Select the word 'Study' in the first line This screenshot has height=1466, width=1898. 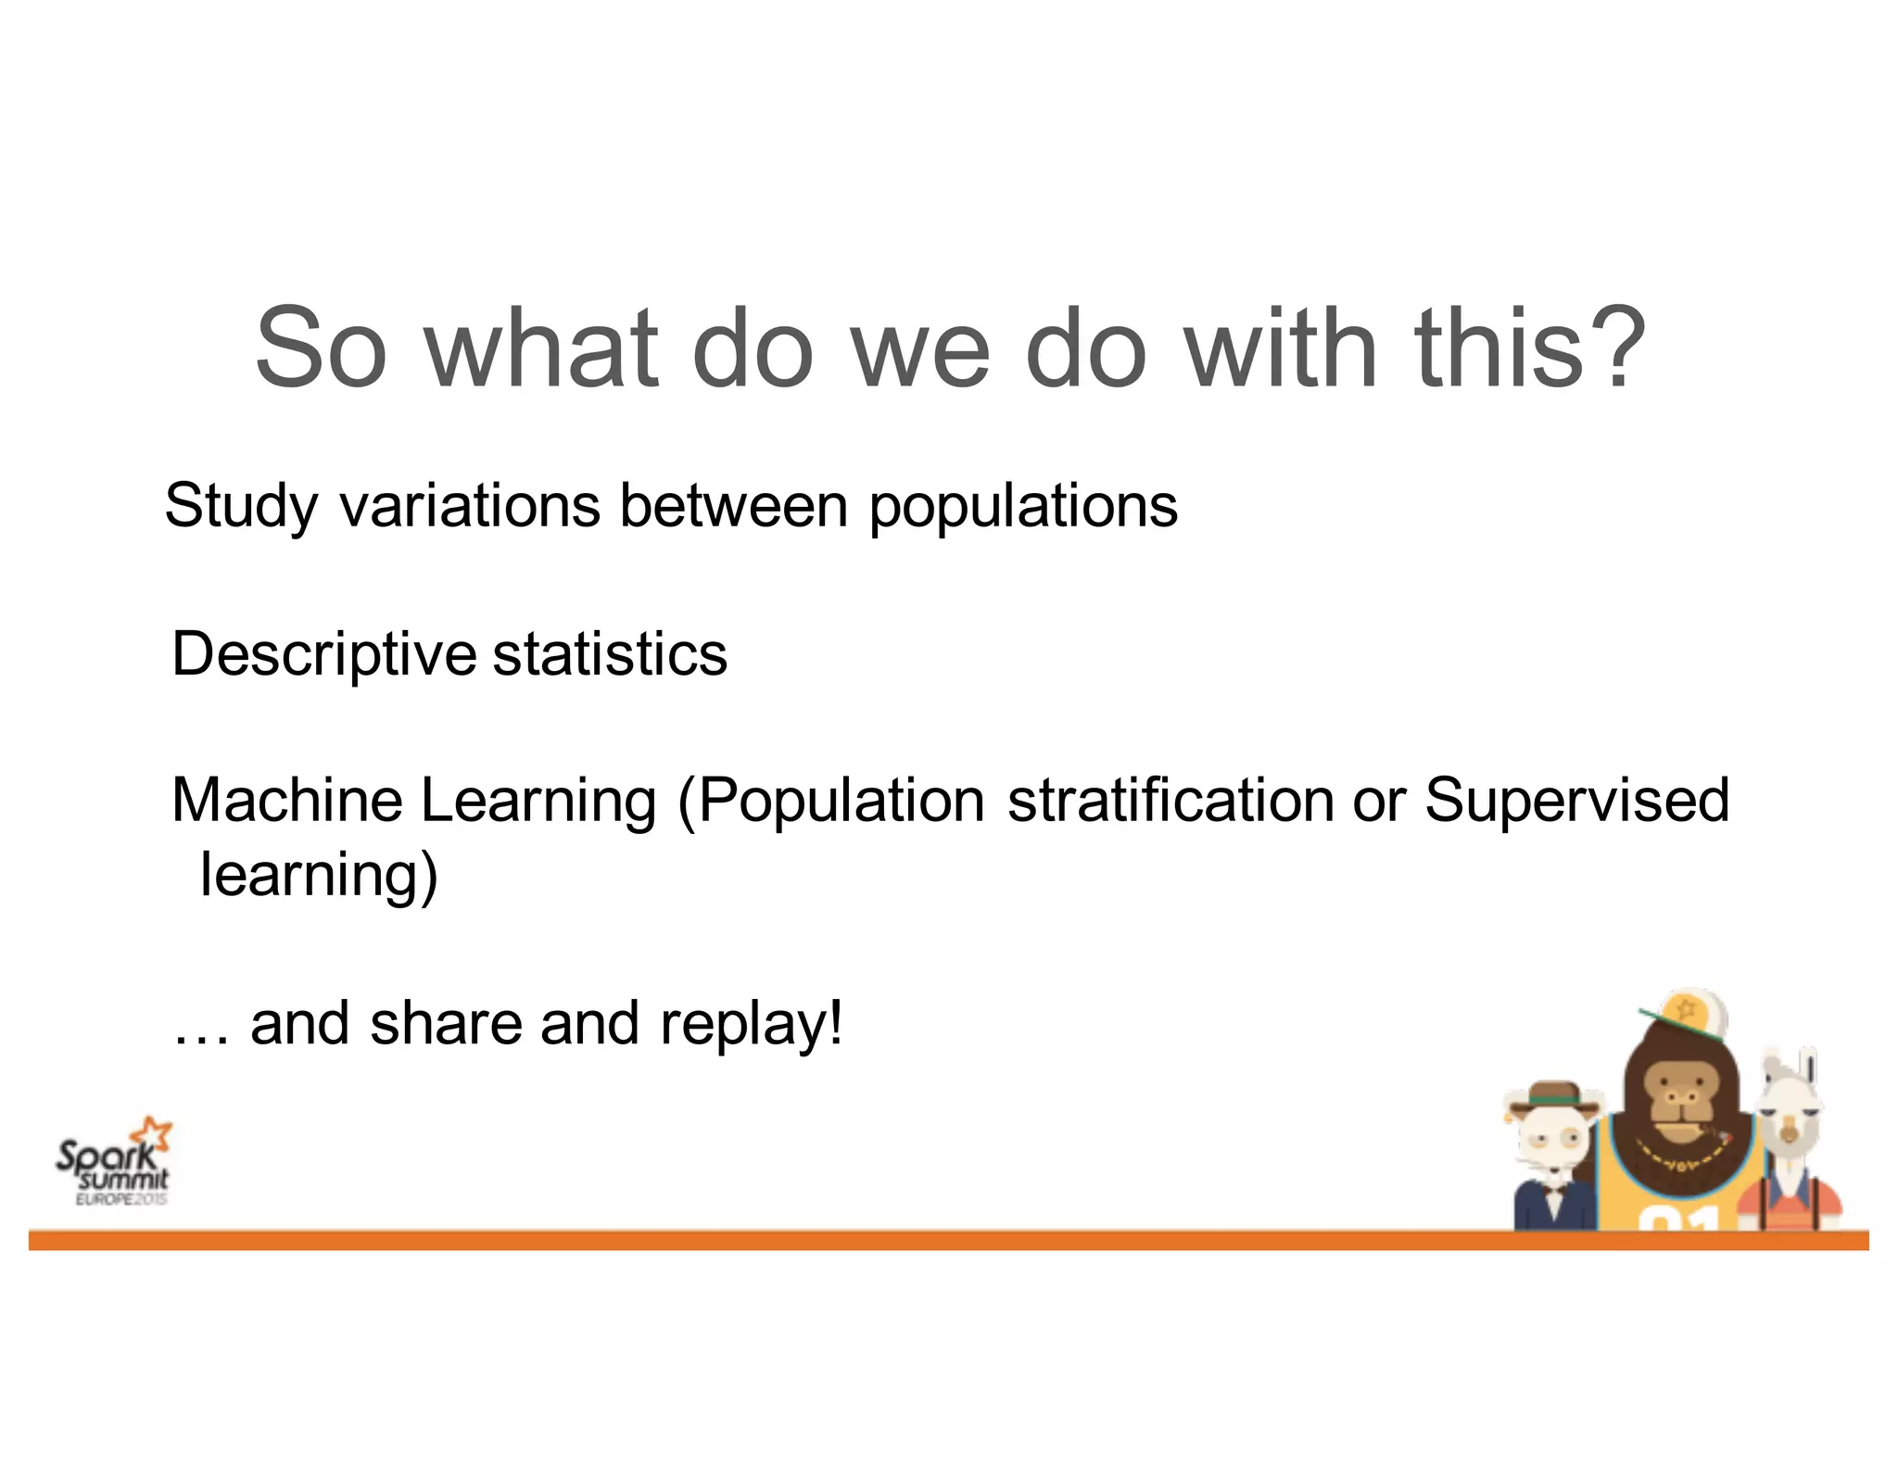tap(241, 507)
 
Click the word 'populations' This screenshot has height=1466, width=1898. tap(1022, 507)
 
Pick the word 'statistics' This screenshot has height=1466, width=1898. tap(610, 654)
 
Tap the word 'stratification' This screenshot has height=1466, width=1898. tap(1170, 800)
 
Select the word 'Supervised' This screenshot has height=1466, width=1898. tap(1576, 800)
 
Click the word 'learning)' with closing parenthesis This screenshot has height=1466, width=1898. tap(318, 875)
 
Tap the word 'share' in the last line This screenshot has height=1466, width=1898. tap(447, 1024)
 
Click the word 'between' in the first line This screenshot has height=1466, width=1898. tap(733, 507)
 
